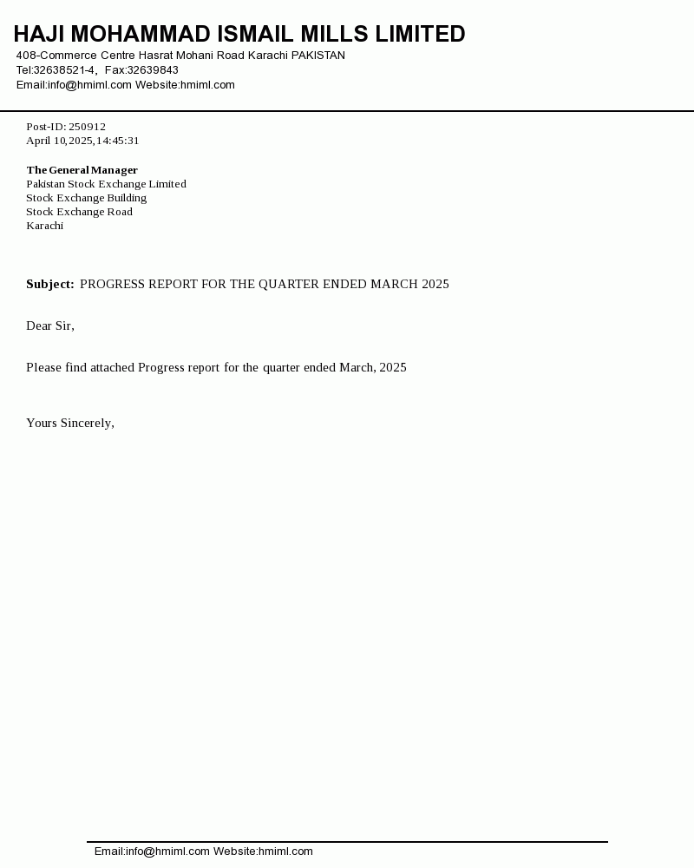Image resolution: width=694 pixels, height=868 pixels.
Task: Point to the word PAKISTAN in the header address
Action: coord(318,56)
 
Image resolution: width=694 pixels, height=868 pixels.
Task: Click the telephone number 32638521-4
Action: coord(64,70)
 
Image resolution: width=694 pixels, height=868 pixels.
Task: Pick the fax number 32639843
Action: coord(153,70)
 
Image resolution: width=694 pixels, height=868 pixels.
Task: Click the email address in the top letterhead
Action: coord(89,85)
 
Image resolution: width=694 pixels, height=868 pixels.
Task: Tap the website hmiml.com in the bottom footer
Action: coord(285,852)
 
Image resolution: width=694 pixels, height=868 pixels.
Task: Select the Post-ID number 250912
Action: coord(87,127)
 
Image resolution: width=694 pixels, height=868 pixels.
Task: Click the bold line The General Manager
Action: coord(82,170)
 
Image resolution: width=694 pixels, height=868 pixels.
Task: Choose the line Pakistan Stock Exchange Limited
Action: coord(106,184)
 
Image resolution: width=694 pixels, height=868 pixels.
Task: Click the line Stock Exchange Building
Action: coord(86,198)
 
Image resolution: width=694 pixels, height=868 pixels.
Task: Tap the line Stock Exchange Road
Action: coord(79,212)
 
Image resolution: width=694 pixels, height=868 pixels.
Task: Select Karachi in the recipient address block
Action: coord(44,226)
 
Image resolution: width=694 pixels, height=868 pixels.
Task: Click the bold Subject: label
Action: coord(50,285)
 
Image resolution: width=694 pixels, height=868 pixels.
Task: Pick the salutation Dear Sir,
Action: coord(50,326)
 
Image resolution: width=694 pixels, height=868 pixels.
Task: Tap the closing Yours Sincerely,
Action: coord(70,424)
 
